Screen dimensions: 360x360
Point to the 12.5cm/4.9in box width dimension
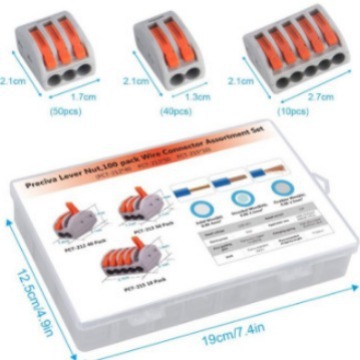27,281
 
